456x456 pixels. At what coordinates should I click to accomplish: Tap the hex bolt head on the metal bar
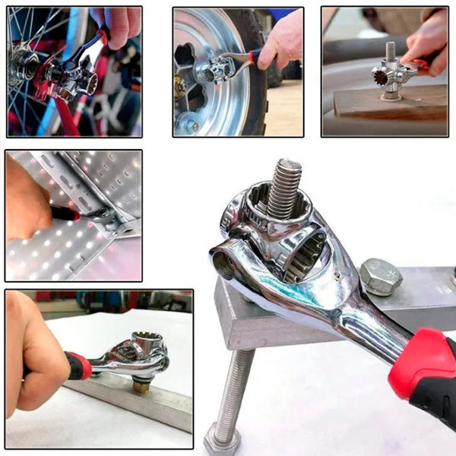click(x=380, y=277)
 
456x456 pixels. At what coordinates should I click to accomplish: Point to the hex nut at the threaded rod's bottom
click(x=222, y=440)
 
